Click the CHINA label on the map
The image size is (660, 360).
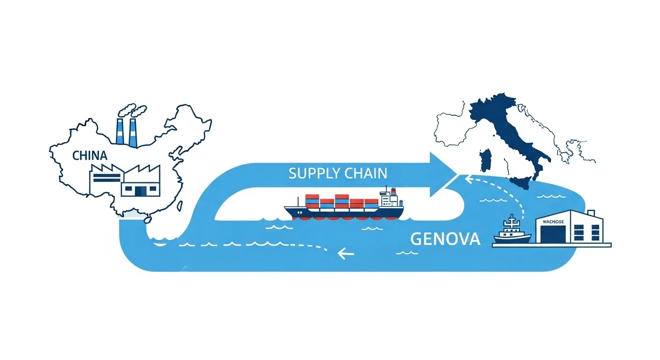[x=90, y=156]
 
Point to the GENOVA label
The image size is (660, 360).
[x=445, y=239]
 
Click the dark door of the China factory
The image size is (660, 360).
[x=140, y=190]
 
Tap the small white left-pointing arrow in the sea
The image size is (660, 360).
[x=345, y=254]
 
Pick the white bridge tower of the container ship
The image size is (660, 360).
[x=388, y=199]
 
